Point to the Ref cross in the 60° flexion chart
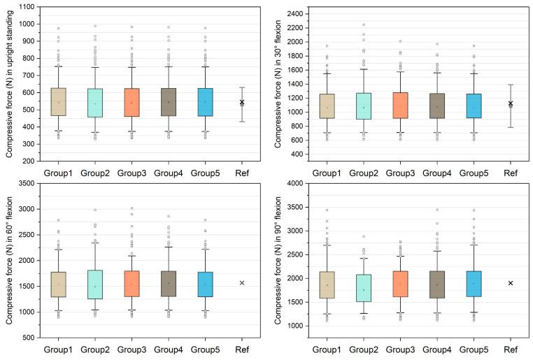tap(241, 282)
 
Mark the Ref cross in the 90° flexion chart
tap(511, 283)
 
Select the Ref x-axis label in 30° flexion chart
tap(511, 172)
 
